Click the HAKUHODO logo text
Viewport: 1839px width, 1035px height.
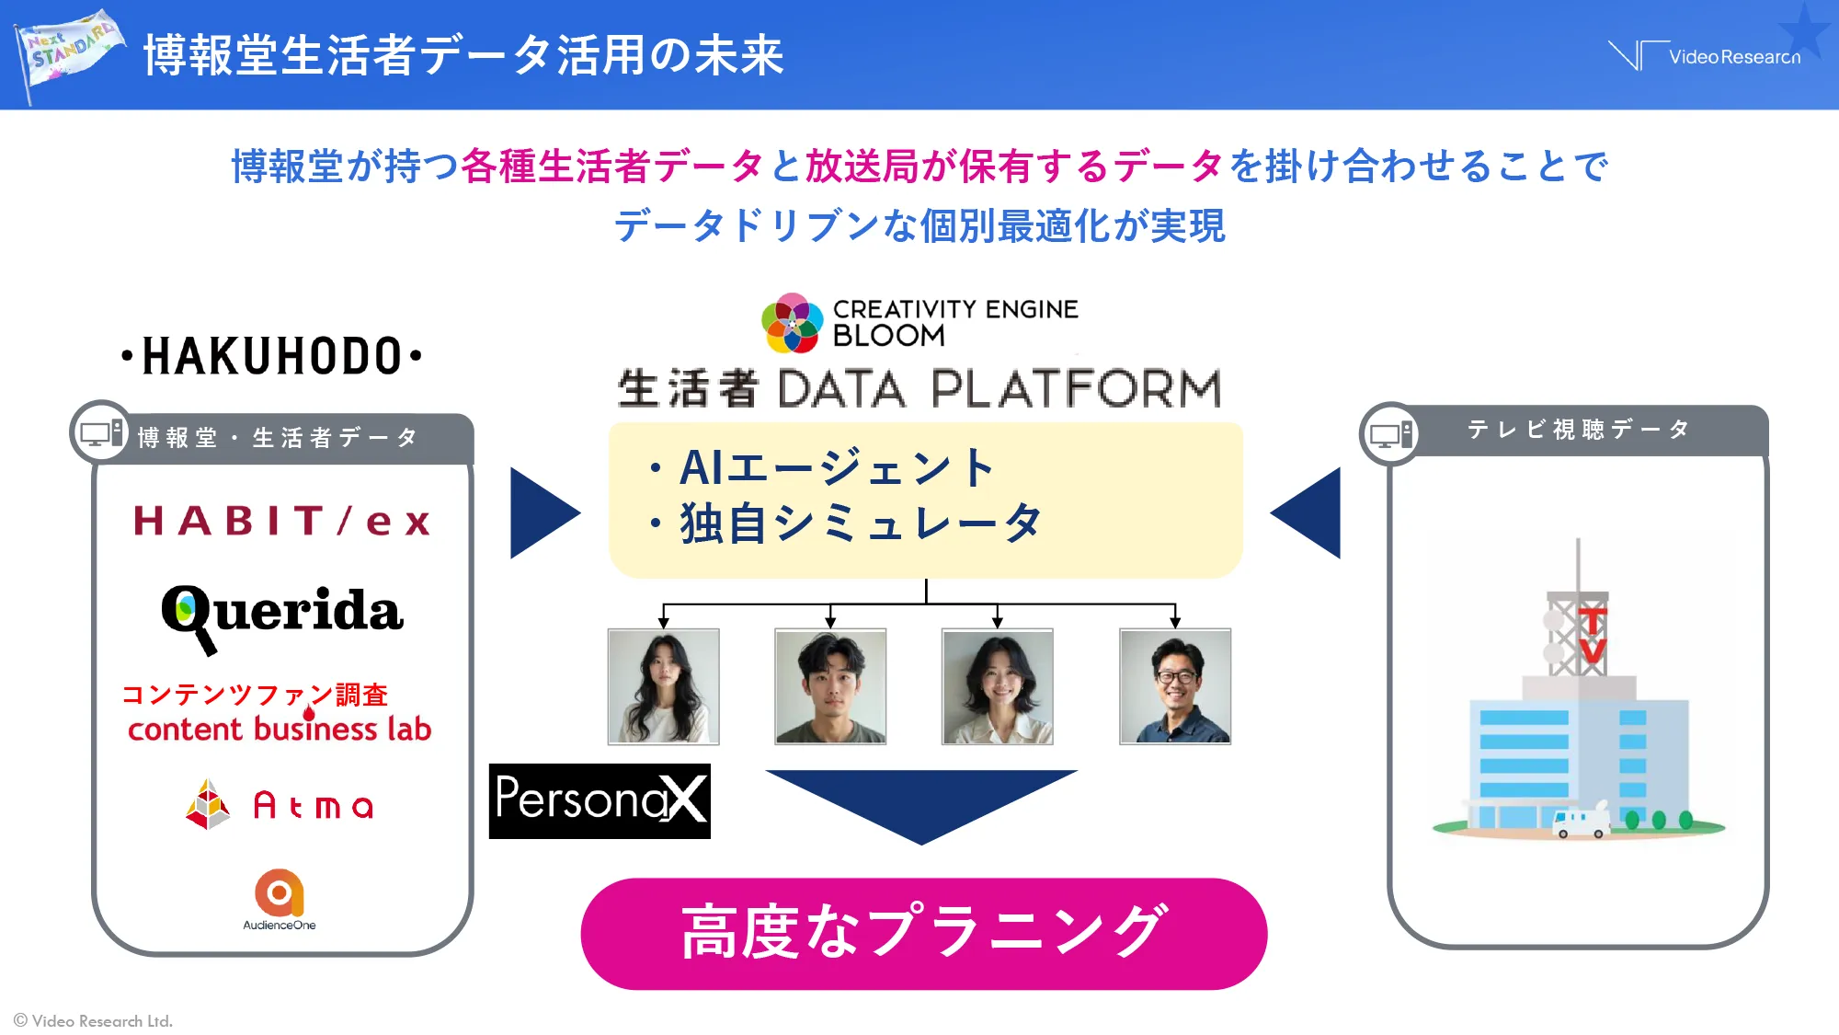tap(272, 356)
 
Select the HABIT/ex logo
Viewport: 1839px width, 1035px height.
tap(281, 521)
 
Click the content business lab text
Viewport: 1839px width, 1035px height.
tap(280, 729)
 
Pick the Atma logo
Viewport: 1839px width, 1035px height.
tap(280, 805)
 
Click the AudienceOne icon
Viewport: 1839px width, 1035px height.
tap(280, 891)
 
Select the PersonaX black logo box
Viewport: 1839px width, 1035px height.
tap(600, 800)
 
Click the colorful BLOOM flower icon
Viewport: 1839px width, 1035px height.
tap(792, 323)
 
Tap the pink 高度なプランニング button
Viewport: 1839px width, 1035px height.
tap(923, 933)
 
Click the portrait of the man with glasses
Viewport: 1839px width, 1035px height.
tap(1174, 686)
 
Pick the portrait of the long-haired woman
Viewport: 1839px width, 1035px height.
tap(663, 686)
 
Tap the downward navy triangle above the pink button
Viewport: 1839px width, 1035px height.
tap(920, 800)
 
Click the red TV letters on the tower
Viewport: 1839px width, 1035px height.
tap(1593, 635)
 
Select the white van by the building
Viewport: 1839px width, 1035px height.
tap(1580, 823)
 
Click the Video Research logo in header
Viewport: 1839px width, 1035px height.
tap(1707, 56)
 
